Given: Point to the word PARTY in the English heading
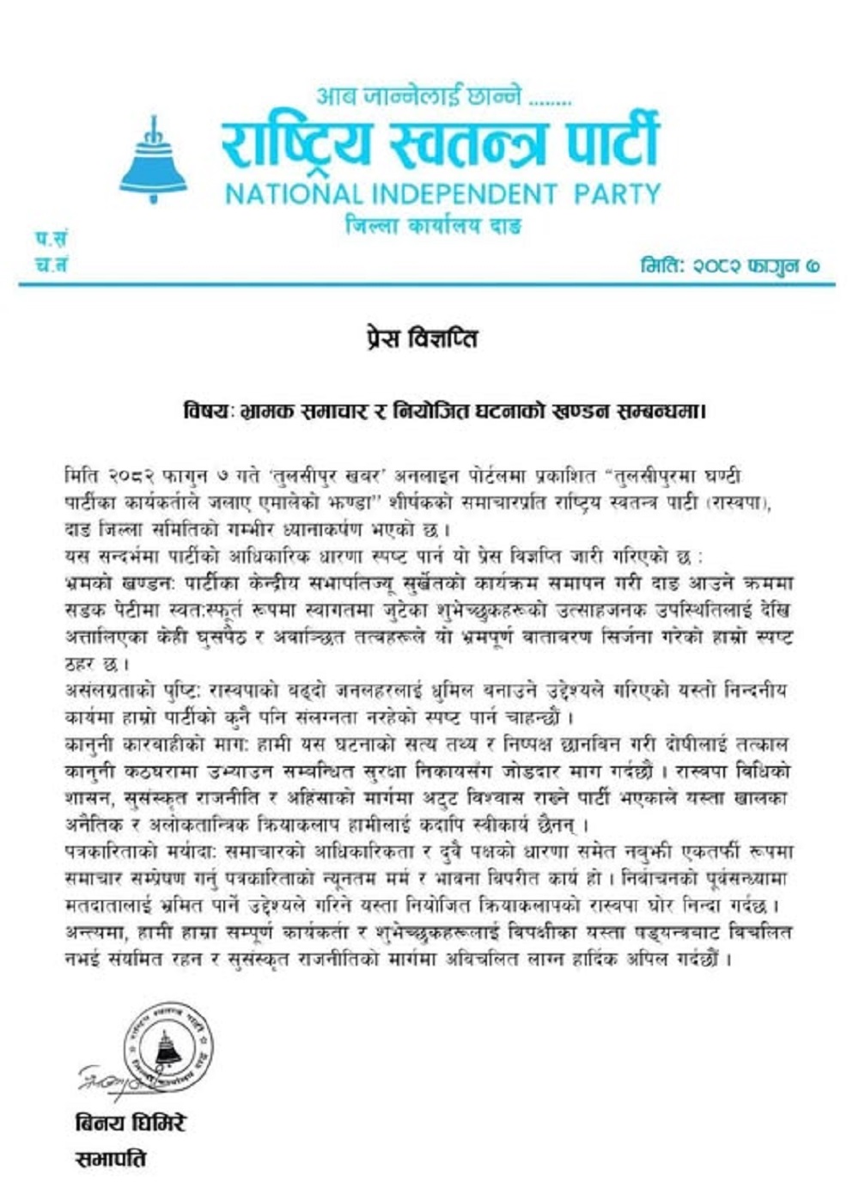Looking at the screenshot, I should point(618,193).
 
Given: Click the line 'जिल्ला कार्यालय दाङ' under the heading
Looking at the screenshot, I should point(433,227).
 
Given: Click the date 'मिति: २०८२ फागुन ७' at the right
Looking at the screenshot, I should point(730,265).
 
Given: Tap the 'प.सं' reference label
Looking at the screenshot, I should point(51,239).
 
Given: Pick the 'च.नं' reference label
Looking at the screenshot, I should point(51,265).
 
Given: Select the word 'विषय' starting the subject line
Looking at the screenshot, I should point(206,411).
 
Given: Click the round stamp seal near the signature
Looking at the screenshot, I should point(168,1046).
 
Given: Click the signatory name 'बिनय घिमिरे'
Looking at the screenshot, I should point(130,1123).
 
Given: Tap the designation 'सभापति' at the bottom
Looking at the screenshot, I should point(111,1159).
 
